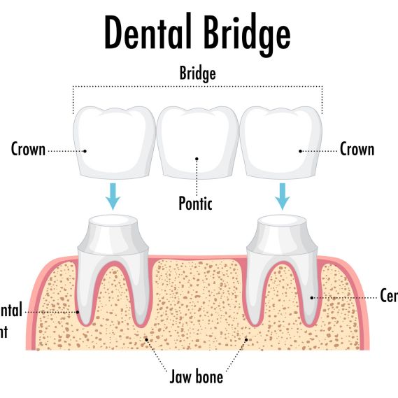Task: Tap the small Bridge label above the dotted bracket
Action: (x=198, y=73)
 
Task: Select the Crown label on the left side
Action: (x=28, y=149)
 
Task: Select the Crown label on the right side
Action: (x=357, y=149)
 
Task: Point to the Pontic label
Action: (x=195, y=204)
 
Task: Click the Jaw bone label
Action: (x=197, y=377)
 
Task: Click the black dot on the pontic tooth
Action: (x=197, y=159)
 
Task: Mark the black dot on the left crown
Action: (x=85, y=150)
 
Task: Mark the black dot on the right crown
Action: (x=300, y=150)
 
